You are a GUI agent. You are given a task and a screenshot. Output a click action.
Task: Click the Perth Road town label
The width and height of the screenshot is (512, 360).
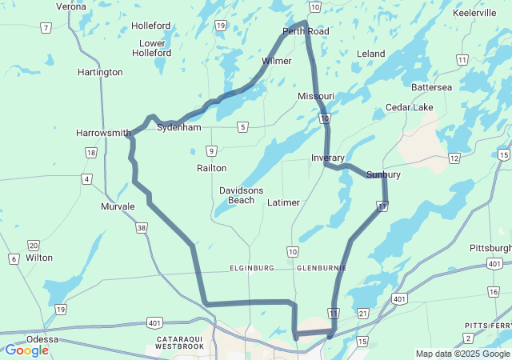(306, 31)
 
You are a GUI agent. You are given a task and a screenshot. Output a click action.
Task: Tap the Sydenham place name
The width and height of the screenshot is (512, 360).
(178, 127)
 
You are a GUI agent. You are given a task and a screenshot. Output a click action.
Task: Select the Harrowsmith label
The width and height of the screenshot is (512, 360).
(103, 133)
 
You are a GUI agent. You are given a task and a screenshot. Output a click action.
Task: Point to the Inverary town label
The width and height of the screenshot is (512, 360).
(328, 158)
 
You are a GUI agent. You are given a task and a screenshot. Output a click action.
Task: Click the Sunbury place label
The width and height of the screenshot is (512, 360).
(383, 174)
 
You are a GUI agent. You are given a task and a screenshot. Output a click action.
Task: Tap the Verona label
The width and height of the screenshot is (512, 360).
(71, 6)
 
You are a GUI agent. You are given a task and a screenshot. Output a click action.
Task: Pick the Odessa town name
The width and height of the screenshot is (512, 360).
(42, 339)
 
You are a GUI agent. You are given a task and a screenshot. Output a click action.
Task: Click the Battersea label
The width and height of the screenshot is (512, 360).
(431, 86)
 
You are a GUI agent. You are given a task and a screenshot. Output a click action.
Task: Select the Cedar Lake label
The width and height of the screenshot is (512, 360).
(409, 107)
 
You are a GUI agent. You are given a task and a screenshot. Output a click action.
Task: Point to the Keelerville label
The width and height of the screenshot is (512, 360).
(474, 14)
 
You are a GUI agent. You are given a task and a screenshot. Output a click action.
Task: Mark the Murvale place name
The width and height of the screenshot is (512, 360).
(118, 206)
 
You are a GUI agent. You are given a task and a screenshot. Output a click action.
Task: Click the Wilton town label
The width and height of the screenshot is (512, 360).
(39, 258)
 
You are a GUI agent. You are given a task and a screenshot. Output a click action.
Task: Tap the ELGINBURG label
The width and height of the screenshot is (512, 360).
(252, 268)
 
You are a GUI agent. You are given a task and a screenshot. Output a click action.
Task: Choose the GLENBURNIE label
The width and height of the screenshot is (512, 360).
(321, 268)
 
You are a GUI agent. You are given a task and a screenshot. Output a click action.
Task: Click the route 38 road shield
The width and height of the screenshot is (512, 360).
(142, 228)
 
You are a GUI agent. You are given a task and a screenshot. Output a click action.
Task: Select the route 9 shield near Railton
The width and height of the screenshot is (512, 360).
(211, 150)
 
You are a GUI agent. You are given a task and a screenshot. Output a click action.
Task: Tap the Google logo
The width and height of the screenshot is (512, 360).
(26, 350)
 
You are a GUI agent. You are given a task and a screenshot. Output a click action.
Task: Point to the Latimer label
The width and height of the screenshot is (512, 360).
(283, 202)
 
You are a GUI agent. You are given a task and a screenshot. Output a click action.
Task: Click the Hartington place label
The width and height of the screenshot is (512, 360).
(101, 72)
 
